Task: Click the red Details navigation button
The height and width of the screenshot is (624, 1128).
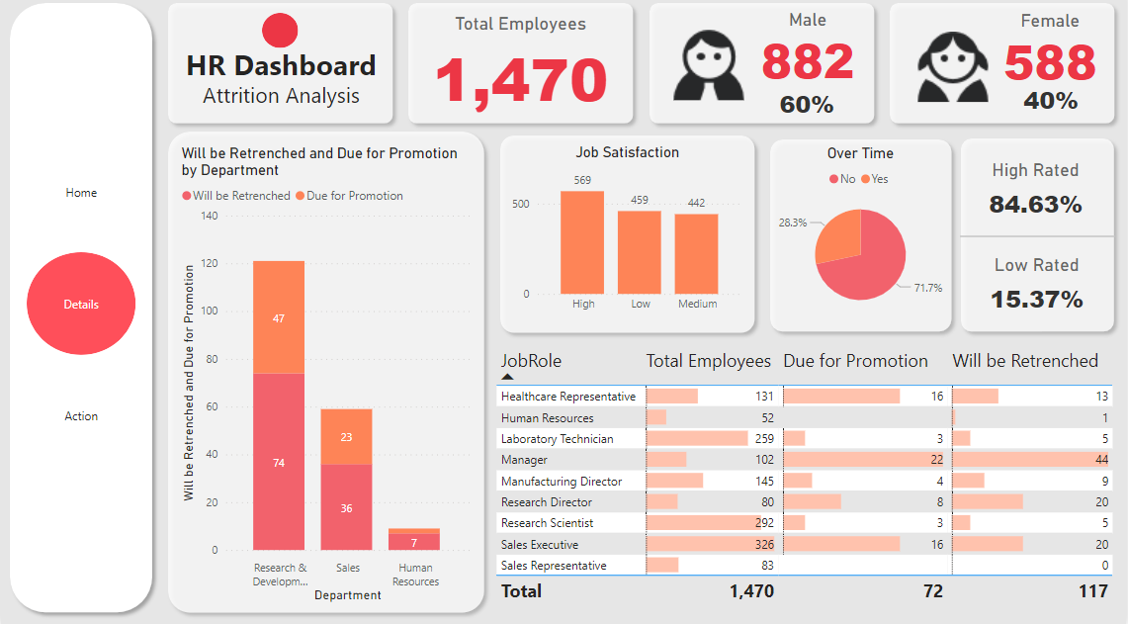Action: click(x=81, y=305)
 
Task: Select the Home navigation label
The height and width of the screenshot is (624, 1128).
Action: click(x=81, y=193)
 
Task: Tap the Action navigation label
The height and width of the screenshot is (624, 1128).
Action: click(x=81, y=416)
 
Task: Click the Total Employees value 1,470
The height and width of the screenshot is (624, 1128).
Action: click(x=520, y=80)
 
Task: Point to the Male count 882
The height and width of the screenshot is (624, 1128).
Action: click(x=807, y=62)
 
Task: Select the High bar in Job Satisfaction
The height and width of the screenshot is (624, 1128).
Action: click(x=583, y=242)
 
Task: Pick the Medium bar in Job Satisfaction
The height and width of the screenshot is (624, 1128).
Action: click(x=697, y=253)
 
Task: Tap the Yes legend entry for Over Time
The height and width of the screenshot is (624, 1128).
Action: click(x=875, y=179)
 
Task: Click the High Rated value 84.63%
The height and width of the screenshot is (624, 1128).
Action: click(x=1035, y=205)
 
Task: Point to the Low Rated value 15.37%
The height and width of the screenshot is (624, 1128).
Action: click(x=1036, y=300)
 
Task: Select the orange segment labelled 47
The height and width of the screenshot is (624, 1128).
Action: click(x=279, y=317)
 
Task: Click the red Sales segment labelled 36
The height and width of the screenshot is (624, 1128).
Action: click(x=346, y=507)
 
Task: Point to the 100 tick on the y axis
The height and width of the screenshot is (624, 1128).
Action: click(x=209, y=312)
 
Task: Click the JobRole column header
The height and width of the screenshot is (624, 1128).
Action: click(x=531, y=361)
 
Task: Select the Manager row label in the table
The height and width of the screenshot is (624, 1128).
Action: click(x=524, y=460)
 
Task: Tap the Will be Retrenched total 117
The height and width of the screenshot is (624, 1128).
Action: click(x=1092, y=590)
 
